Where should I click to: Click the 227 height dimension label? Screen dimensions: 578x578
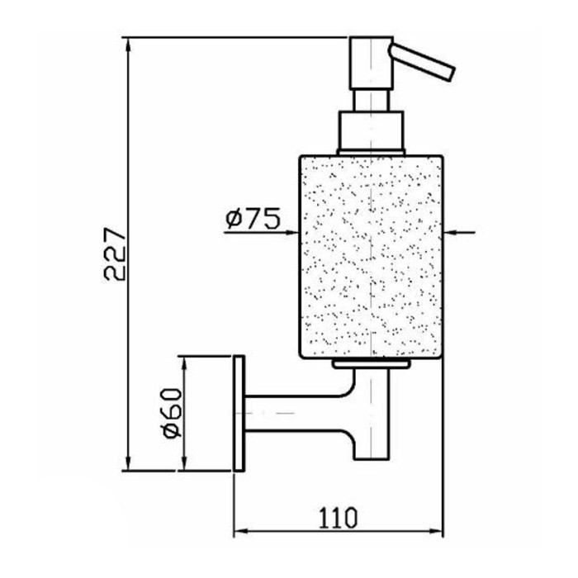(x=115, y=254)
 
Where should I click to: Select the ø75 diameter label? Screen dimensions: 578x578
(x=253, y=218)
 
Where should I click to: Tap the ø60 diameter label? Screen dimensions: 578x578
(x=173, y=413)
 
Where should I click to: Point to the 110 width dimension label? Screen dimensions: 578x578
(x=338, y=517)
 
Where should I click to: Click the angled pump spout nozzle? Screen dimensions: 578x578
(x=423, y=61)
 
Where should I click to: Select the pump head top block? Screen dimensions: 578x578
(x=372, y=63)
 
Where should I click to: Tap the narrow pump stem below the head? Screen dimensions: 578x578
(x=371, y=100)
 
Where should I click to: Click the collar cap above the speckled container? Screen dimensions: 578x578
(x=372, y=132)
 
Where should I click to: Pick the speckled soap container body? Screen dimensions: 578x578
(x=372, y=257)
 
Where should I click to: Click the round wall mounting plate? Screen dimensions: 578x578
(x=239, y=413)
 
